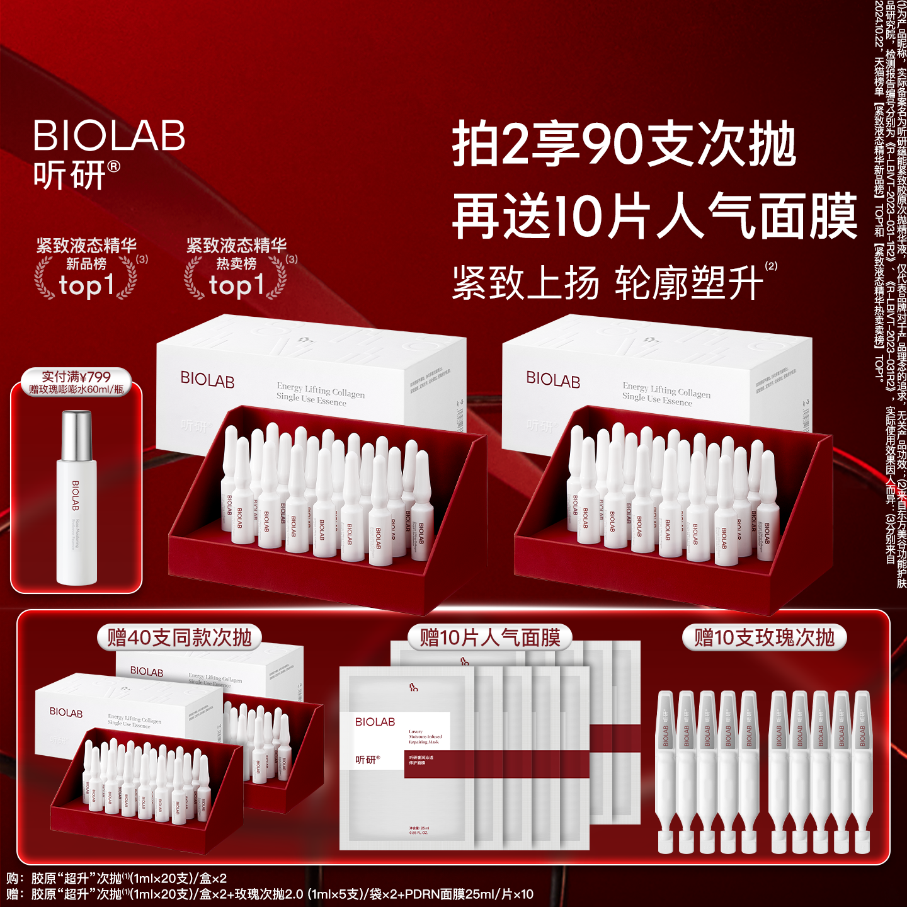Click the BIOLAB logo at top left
109,135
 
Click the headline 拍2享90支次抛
624,145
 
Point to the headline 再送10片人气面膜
655,217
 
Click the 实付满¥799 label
76,377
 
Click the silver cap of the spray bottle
77,435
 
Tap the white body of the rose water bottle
77,523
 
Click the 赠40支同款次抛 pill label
180,637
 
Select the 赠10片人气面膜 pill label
490,637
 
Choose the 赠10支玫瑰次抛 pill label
764,637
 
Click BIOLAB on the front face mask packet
375,722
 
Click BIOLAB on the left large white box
207,380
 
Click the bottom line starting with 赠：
271,894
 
